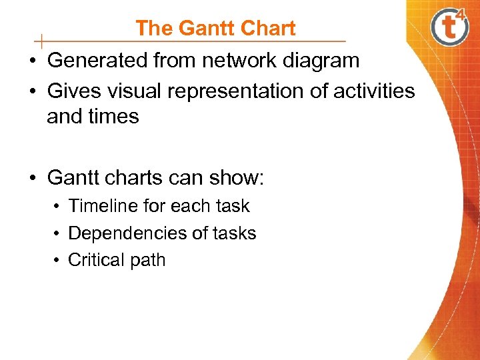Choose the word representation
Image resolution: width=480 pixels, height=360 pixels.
[240, 90]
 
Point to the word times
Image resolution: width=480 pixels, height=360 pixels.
[114, 117]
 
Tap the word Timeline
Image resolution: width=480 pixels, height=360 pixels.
[103, 206]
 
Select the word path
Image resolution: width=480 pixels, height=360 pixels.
[148, 260]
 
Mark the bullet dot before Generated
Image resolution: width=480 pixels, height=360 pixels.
[32, 61]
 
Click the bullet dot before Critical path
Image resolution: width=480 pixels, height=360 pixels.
[58, 261]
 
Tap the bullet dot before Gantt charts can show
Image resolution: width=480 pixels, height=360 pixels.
[32, 179]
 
